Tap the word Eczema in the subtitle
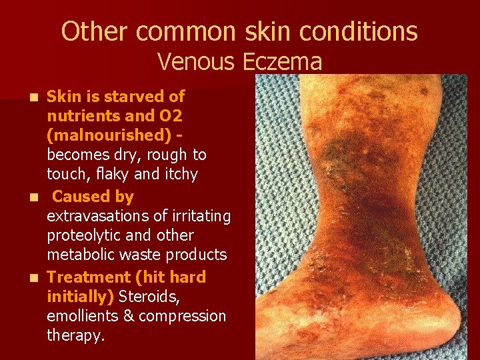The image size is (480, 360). click(x=283, y=62)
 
